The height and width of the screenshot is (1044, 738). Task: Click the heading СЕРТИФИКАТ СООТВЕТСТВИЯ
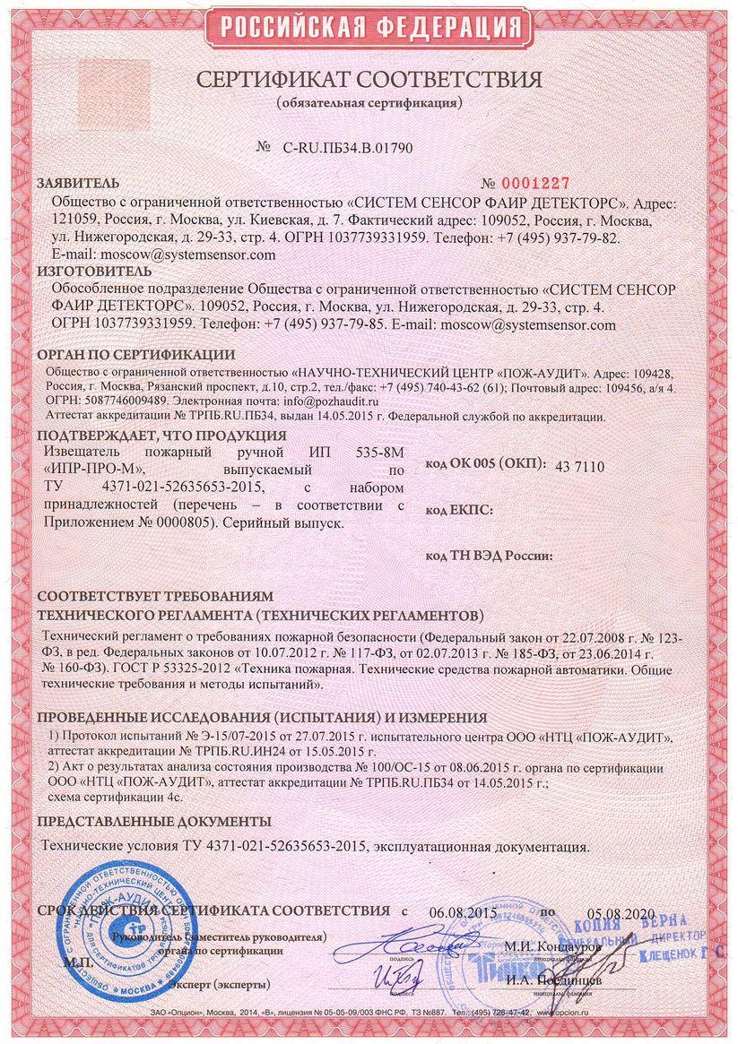(x=369, y=80)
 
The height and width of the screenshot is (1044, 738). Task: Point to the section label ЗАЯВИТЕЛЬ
(x=76, y=182)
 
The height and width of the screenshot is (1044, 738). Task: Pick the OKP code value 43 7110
(x=581, y=467)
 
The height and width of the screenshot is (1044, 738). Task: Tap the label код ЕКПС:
(x=459, y=510)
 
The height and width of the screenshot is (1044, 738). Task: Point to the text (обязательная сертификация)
(x=369, y=103)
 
